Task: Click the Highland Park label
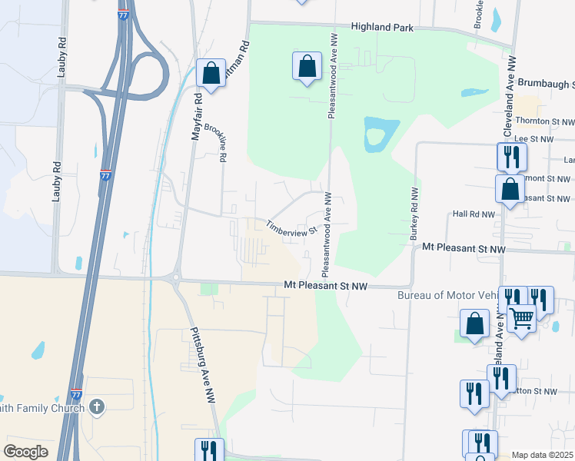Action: click(383, 28)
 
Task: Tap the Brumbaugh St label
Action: click(546, 82)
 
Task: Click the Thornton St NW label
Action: click(545, 121)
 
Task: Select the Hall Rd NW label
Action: click(474, 214)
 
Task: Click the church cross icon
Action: click(96, 406)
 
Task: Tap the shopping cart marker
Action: click(521, 317)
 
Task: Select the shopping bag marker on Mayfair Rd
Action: click(211, 73)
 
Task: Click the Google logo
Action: click(26, 452)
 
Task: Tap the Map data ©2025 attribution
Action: click(542, 455)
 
